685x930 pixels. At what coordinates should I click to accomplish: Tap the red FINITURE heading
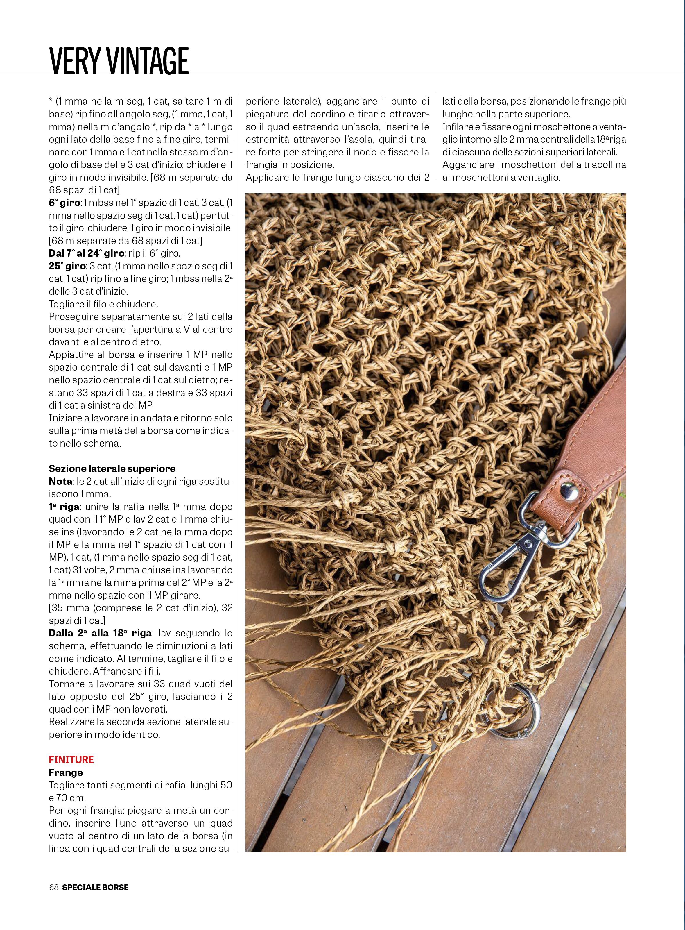71,759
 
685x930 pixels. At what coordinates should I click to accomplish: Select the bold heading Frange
66,772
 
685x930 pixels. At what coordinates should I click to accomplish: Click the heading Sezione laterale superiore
112,468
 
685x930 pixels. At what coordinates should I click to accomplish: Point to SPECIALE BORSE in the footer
95,887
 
